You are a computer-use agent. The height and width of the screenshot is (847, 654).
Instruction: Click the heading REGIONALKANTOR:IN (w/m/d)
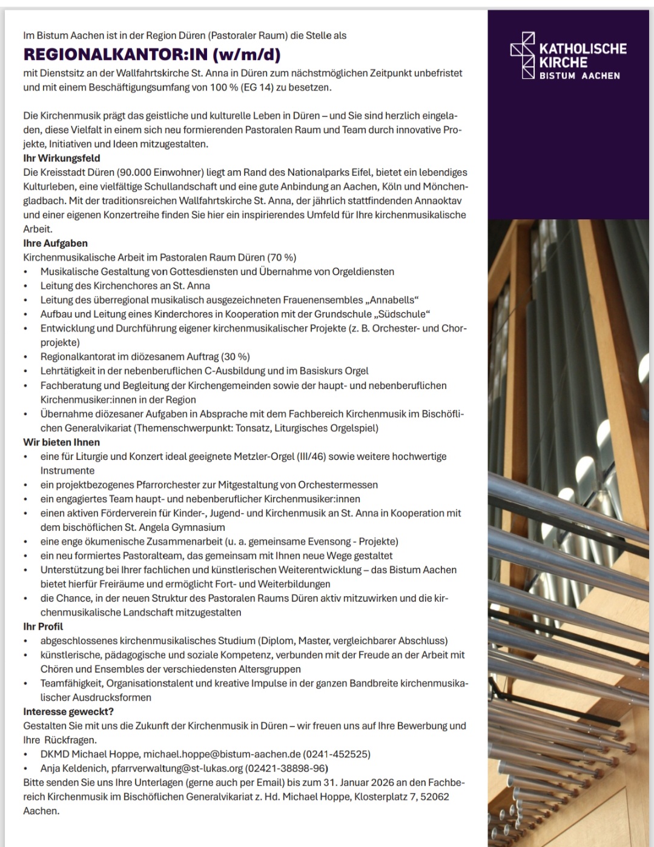(x=151, y=55)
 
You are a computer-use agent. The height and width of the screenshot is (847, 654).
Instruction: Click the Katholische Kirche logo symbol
(x=523, y=55)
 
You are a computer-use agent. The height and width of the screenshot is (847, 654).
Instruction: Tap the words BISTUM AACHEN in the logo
(x=580, y=76)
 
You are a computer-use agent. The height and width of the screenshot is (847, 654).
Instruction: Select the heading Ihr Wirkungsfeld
(x=62, y=158)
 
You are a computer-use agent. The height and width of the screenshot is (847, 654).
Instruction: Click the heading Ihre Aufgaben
(x=56, y=243)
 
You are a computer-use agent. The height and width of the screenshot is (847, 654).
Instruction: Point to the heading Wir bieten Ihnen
(x=62, y=442)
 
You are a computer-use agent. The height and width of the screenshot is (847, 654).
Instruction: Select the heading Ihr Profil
(x=43, y=626)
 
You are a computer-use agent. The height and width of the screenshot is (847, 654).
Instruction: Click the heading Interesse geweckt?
(x=68, y=711)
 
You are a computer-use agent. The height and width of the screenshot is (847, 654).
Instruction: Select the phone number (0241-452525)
(x=337, y=754)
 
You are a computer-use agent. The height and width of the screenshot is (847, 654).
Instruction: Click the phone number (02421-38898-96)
(x=286, y=768)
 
